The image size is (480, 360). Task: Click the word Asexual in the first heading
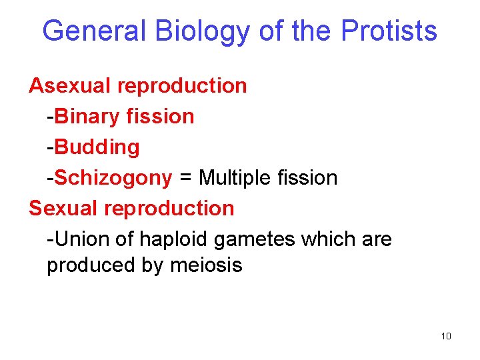pos(70,85)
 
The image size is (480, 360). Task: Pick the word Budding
pos(97,147)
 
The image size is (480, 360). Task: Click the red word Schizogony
pos(113,177)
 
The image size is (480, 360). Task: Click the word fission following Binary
pos(162,116)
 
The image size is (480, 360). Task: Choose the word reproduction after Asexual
pos(181,86)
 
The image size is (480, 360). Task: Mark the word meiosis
pos(207,265)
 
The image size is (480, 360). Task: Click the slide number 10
pos(446,335)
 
